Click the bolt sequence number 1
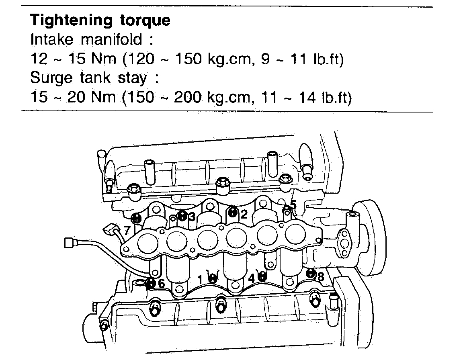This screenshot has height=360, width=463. [x=200, y=278]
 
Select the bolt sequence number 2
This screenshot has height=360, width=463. [x=244, y=215]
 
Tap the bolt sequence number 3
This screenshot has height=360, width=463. [x=192, y=217]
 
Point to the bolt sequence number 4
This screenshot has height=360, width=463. [x=252, y=277]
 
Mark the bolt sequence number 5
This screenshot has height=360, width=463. [x=293, y=205]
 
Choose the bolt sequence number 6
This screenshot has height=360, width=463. [x=161, y=283]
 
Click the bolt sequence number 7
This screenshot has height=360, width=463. [x=127, y=231]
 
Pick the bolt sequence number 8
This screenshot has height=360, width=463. [x=320, y=277]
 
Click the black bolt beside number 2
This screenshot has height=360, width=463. [x=233, y=212]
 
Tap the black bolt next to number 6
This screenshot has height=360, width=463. [x=151, y=283]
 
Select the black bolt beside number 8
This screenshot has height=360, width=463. [x=310, y=274]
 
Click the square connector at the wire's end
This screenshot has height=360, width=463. [x=70, y=243]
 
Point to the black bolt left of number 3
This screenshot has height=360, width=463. [x=182, y=216]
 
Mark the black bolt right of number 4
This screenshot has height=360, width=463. [x=262, y=276]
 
